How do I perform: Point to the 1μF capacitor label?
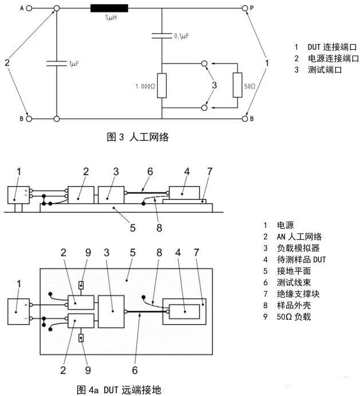tap(73, 64)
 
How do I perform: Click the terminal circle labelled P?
tap(244, 9)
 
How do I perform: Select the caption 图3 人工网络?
tap(138, 137)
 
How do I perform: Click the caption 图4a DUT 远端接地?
tap(120, 390)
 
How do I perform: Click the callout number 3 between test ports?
tap(214, 85)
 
